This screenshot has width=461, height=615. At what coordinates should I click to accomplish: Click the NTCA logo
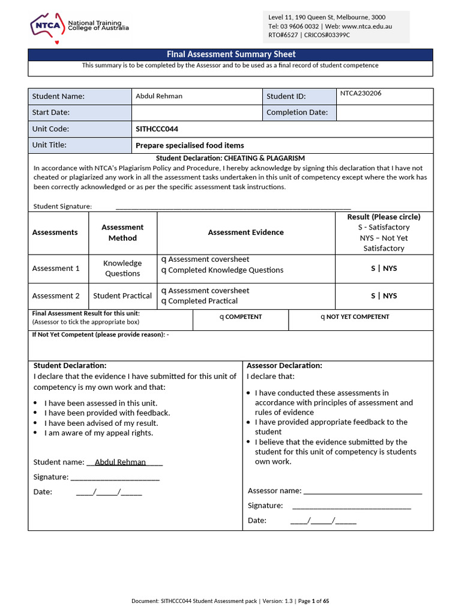tap(79, 26)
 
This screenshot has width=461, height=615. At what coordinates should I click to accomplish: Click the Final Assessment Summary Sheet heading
tap(231, 55)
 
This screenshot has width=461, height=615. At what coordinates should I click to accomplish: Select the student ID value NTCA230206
tap(361, 94)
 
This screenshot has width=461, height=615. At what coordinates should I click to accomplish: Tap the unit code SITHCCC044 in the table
tap(157, 129)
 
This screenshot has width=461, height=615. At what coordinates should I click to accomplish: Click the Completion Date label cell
tap(297, 112)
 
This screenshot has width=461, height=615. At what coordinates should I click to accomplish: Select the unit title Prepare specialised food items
tap(190, 145)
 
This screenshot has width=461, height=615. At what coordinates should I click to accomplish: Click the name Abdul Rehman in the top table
tap(159, 96)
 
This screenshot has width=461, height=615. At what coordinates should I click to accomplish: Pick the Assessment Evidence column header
tap(246, 232)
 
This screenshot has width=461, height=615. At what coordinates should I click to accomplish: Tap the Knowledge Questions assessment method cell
tap(122, 268)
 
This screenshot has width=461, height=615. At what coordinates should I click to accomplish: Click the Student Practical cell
tap(122, 296)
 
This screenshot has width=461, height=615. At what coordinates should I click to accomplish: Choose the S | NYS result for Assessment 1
tap(384, 268)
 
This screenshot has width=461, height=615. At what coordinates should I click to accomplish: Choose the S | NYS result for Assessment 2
tap(384, 296)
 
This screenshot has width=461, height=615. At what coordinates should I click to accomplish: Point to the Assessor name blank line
tap(363, 491)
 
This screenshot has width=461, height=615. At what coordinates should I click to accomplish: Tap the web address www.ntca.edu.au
tap(367, 26)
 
